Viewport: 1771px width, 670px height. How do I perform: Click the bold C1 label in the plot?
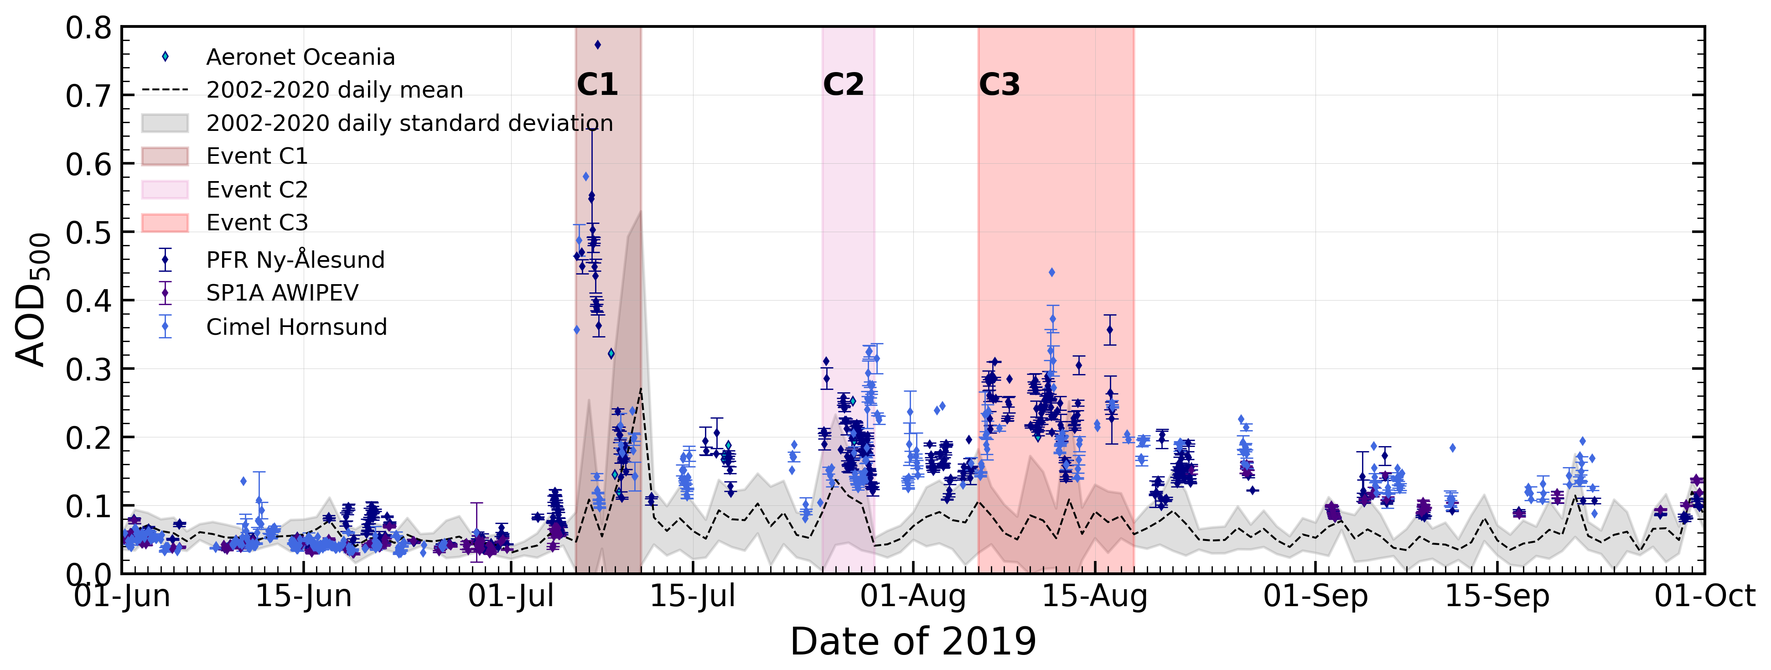click(597, 85)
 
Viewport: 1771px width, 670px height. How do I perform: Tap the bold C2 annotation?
click(843, 85)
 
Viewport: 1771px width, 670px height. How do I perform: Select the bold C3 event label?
click(999, 85)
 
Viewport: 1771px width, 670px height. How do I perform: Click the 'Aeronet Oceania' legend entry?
click(300, 57)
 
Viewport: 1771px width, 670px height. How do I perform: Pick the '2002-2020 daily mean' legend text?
click(335, 90)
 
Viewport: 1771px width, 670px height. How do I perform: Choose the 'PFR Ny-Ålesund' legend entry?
click(295, 260)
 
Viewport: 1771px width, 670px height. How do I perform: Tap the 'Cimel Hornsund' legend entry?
click(296, 327)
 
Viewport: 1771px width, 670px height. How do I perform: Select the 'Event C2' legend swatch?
click(165, 190)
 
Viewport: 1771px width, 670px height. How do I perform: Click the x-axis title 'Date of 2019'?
click(913, 642)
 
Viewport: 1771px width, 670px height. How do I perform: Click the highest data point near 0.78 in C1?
click(597, 45)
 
